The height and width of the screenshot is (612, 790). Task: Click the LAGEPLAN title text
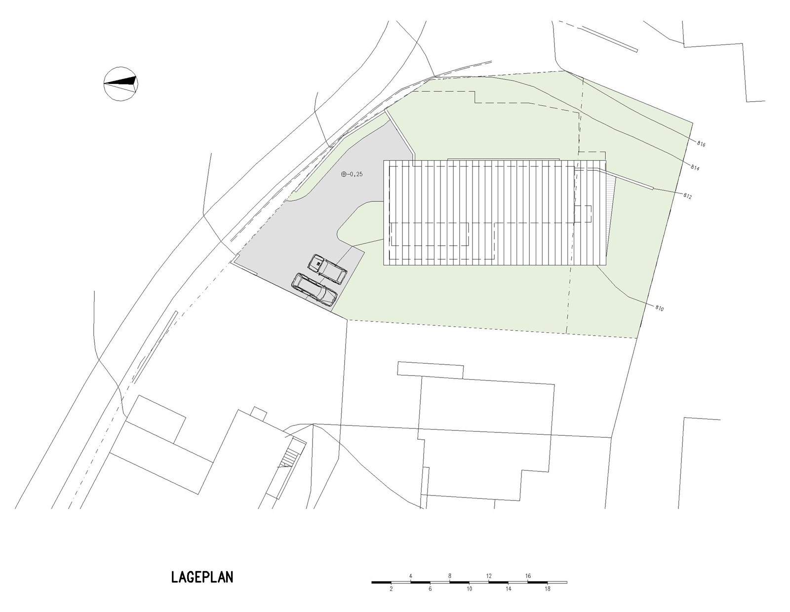pos(202,577)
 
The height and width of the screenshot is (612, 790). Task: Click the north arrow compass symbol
pos(121,83)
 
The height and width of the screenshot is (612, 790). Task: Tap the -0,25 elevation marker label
pos(352,174)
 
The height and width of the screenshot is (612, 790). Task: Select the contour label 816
pos(702,144)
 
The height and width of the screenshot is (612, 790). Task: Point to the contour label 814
pos(695,168)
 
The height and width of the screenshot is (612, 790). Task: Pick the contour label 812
pos(687,196)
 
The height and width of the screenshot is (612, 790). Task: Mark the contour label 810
pos(660,308)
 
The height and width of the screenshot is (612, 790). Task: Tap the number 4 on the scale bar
pos(411,576)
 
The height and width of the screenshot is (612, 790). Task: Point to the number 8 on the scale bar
pos(450,576)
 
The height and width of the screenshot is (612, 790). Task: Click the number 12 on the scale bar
pos(489,576)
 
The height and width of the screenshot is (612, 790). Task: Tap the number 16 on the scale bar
pos(528,576)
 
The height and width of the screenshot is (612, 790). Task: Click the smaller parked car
pos(327,268)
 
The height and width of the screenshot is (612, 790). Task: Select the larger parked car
pos(315,291)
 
